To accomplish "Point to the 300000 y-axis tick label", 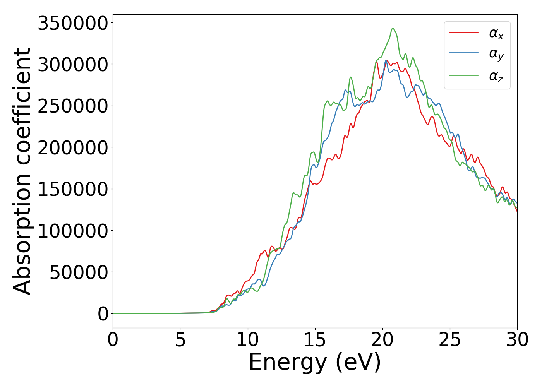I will [x=72, y=65].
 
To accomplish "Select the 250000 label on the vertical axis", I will [x=72, y=106].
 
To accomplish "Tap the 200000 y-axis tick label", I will [x=72, y=148].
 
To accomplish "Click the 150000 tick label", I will [x=72, y=189].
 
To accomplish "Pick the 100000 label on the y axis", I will [x=72, y=231].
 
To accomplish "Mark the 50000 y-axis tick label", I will [x=79, y=272].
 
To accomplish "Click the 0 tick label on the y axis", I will [x=103, y=314].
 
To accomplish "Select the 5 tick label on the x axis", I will [x=180, y=340].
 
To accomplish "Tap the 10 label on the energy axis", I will [x=248, y=340].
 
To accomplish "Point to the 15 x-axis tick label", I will [x=315, y=340].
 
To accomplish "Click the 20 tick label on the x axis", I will [x=382, y=340].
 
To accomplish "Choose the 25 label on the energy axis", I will [x=450, y=340].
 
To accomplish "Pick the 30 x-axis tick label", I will [x=517, y=340].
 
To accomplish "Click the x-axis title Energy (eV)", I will [x=315, y=363].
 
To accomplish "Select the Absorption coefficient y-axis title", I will [x=22, y=171].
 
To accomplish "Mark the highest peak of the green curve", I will [x=393, y=28].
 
